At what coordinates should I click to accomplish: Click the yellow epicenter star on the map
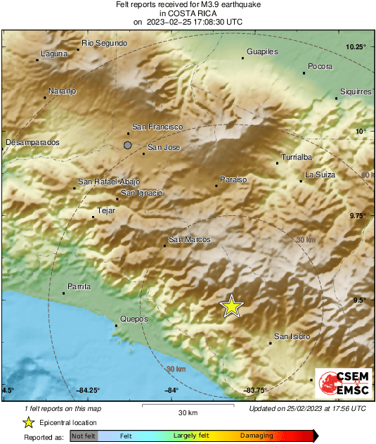231,306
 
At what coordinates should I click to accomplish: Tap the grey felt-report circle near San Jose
127,145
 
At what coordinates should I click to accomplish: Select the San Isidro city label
292,336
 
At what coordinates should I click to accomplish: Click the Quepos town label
134,319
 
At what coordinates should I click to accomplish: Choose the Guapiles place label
262,51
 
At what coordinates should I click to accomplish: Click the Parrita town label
79,287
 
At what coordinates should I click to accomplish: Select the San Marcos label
189,240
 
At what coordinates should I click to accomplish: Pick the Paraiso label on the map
233,180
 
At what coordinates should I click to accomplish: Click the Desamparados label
32,142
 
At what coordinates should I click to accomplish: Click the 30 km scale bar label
188,412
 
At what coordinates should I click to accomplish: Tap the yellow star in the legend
28,422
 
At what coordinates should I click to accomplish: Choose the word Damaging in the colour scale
257,436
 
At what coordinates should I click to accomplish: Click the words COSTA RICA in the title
188,13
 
